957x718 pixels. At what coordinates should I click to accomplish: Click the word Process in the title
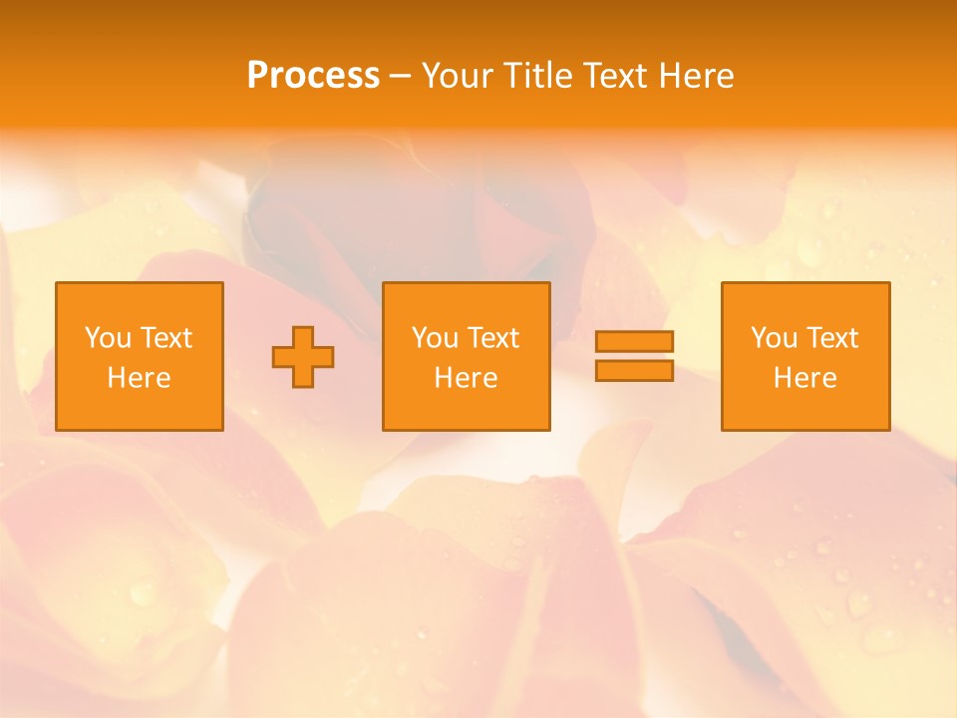point(313,76)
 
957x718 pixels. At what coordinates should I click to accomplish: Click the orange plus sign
point(303,356)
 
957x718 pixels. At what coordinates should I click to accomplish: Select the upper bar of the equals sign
point(634,341)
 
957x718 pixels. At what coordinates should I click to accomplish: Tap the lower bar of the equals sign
point(634,370)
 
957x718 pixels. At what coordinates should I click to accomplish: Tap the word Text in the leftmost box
point(165,338)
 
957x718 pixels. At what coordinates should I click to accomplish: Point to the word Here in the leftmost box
point(140,378)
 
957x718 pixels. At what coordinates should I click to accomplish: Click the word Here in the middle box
point(466,378)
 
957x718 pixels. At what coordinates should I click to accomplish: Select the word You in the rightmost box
point(774,338)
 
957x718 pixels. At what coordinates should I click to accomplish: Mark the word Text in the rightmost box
point(831,338)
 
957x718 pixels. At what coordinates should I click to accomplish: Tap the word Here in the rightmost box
point(805,378)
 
